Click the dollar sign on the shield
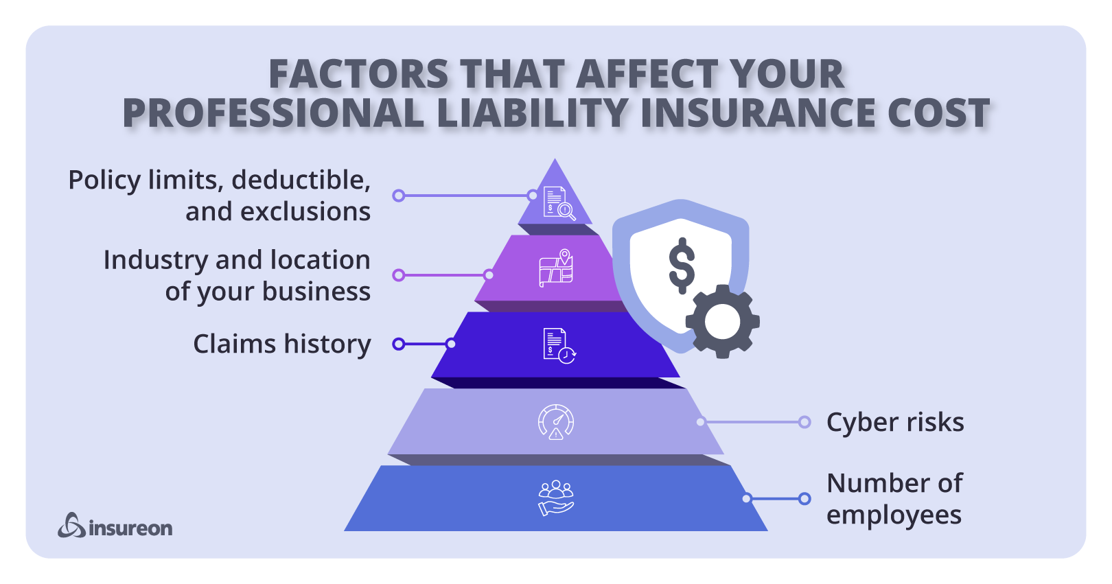coord(682,266)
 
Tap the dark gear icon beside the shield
coord(722,321)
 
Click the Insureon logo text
coord(130,528)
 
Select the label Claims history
coord(281,344)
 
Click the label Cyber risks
coord(894,422)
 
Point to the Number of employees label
coord(894,499)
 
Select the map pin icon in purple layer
coord(556,268)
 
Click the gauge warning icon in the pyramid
coord(556,422)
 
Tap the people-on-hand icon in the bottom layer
coord(556,498)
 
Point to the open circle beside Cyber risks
coord(804,422)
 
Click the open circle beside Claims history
coord(398,344)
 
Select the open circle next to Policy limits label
coord(398,196)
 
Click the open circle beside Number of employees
coord(804,499)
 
